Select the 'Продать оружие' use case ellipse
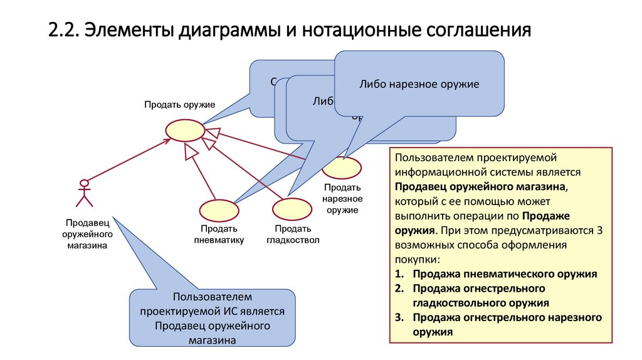(184, 130)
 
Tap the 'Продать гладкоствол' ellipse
(292, 209)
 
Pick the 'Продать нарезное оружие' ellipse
(342, 167)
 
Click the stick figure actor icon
(83, 193)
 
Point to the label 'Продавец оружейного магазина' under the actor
(87, 234)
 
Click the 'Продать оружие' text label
(180, 104)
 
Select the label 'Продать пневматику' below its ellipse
(218, 234)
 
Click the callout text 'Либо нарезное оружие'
(419, 84)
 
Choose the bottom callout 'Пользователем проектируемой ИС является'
(213, 318)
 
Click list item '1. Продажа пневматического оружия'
(497, 274)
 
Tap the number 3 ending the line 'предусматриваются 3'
(600, 230)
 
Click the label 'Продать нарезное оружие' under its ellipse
(342, 199)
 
